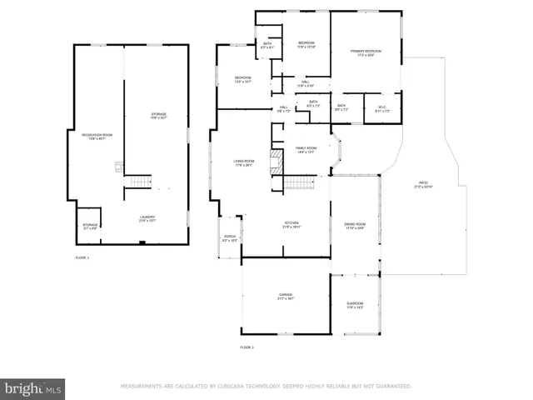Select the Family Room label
click(306, 150)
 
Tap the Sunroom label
click(355, 307)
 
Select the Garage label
click(286, 297)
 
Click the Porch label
click(229, 239)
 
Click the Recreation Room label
click(97, 136)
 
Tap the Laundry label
click(147, 220)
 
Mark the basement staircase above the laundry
click(140, 181)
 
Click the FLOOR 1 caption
click(82, 258)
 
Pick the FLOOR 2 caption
click(247, 347)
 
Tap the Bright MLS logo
click(33, 388)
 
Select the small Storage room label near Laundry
click(90, 226)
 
